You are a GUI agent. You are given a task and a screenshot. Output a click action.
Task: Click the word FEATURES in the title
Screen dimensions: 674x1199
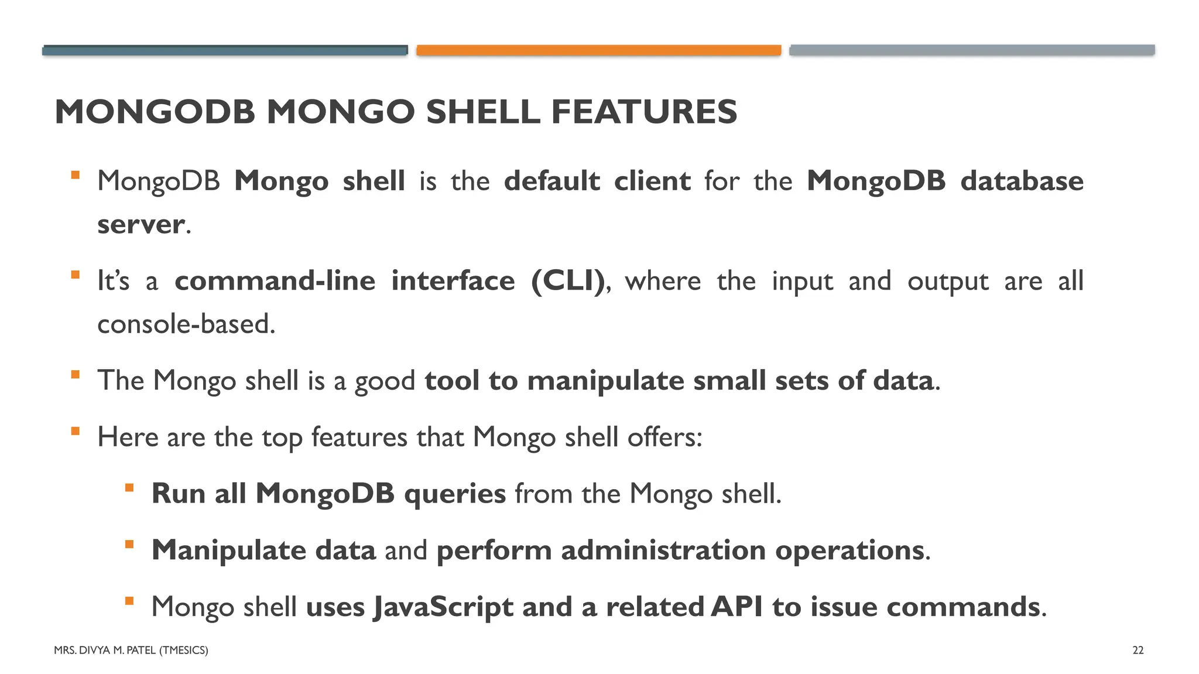click(644, 112)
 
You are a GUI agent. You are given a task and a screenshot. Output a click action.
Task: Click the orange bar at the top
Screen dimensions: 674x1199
click(598, 50)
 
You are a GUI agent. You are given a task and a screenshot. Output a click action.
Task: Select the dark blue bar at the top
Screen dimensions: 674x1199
click(225, 50)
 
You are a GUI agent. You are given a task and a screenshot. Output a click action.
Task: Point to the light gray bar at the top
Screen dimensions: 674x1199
click(972, 50)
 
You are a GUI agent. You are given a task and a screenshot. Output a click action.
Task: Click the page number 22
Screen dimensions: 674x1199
click(1138, 650)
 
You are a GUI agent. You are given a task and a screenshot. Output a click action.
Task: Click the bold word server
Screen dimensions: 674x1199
click(141, 225)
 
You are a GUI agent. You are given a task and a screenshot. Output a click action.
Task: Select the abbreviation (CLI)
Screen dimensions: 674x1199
click(568, 281)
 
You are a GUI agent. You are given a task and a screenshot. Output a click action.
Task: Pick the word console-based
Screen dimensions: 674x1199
click(185, 324)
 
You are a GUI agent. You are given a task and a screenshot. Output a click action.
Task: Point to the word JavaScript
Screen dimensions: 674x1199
click(444, 607)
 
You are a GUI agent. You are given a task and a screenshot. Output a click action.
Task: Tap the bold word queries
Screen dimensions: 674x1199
click(455, 494)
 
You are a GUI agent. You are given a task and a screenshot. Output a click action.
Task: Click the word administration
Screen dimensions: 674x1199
click(663, 551)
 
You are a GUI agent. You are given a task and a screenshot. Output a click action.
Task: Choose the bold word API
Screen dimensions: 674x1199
click(736, 607)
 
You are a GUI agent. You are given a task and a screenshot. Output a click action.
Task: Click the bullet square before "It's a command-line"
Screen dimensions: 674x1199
click(75, 275)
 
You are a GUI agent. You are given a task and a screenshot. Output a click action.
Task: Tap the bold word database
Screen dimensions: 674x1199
click(1022, 181)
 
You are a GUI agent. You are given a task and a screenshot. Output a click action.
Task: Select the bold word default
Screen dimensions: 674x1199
click(552, 181)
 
